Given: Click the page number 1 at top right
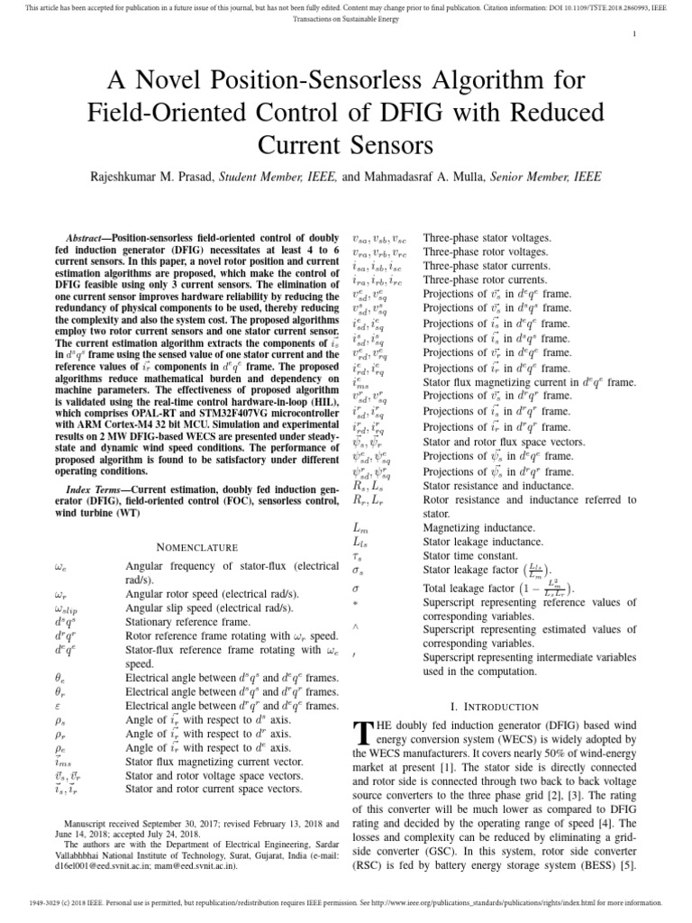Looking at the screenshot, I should coord(635,34).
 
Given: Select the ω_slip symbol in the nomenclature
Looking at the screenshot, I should coord(69,608).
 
